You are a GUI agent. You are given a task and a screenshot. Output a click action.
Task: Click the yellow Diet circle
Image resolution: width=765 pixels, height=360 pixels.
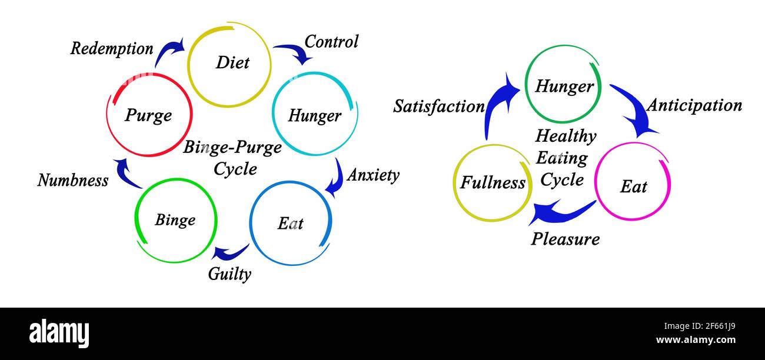coord(229,64)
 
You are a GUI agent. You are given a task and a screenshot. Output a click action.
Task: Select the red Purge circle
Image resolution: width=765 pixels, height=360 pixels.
coord(149,115)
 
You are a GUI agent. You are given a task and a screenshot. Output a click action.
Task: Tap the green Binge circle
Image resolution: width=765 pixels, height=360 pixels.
coord(176,220)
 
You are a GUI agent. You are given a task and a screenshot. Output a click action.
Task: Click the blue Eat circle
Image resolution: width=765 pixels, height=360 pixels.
coord(290,224)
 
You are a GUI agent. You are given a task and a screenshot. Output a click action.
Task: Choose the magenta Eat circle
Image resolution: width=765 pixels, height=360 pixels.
coord(633,182)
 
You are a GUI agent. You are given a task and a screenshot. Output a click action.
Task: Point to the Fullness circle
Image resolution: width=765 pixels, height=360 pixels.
coord(493,182)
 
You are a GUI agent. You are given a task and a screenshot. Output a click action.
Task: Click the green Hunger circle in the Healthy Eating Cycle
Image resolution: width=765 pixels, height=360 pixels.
coord(563,85)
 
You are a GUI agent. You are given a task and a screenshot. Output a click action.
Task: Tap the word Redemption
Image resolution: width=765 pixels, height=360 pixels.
coord(112,49)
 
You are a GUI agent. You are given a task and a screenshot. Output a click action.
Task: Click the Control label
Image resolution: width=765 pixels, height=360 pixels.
coord(331,42)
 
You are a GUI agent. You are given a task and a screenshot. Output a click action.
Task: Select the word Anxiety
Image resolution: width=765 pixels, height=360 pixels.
coord(373,175)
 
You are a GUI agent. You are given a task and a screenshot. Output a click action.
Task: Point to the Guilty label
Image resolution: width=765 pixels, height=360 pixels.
coord(229,274)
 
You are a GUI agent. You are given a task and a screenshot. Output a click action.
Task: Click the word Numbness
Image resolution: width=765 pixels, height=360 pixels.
coord(73,180)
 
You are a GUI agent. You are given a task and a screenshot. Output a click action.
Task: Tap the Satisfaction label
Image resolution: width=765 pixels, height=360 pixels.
coord(439,106)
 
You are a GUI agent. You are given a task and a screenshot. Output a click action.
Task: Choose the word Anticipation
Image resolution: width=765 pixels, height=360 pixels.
coord(694,105)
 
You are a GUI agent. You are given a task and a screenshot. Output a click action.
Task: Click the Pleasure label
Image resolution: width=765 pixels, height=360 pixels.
coord(566,239)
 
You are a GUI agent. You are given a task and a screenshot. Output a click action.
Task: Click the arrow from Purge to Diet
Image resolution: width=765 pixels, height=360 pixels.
coord(169,51)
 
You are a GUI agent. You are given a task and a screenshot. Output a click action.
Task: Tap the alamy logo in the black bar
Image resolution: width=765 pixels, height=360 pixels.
coord(59,334)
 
